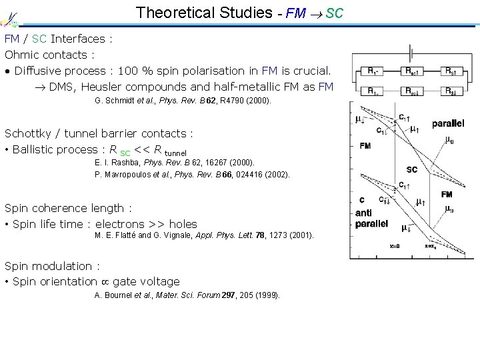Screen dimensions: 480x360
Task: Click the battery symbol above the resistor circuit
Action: [414, 51]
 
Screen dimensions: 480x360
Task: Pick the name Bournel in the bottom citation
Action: [118, 295]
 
